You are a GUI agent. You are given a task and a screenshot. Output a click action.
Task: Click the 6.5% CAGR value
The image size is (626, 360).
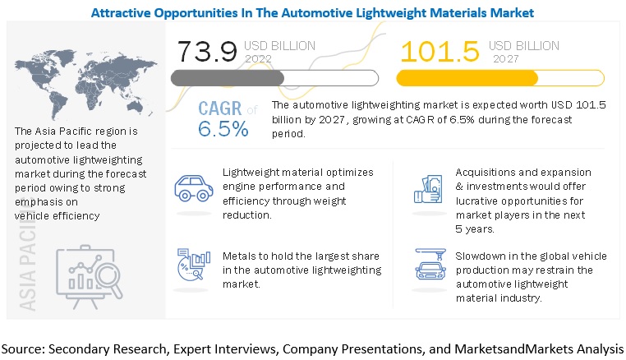[x=223, y=129]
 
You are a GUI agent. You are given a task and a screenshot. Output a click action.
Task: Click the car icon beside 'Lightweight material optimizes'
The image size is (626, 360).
[x=194, y=189]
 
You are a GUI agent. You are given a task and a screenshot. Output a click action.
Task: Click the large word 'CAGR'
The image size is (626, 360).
[x=221, y=109]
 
